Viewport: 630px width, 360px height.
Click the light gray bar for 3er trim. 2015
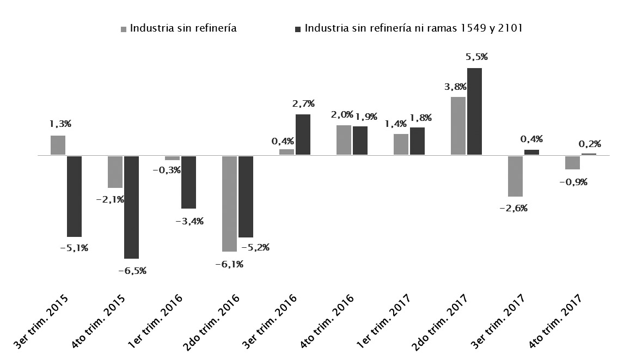tap(58, 145)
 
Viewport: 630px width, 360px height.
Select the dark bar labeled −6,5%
tap(131, 207)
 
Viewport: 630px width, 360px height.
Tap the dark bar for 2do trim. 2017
tap(474, 112)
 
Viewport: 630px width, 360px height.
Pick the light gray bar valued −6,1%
tap(229, 203)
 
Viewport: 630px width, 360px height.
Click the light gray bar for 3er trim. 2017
tap(515, 176)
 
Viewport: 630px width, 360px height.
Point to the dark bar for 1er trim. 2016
tap(188, 182)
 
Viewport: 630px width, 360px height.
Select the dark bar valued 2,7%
tap(303, 135)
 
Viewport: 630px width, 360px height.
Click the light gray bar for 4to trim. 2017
tap(572, 162)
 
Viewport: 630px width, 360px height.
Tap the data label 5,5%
tap(476, 57)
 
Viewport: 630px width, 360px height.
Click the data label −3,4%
tap(189, 221)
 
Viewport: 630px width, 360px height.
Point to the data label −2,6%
tap(514, 208)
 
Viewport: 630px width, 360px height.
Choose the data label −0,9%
tap(573, 182)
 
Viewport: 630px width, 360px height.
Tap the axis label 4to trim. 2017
tap(559, 324)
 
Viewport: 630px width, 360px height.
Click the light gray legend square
tap(124, 29)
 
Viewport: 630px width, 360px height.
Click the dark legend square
tap(297, 29)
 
